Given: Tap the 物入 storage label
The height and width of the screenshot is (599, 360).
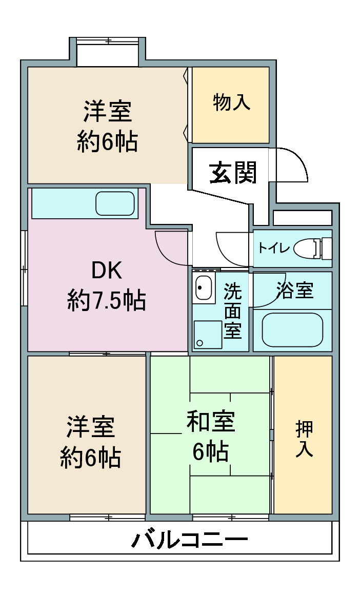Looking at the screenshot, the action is pyautogui.click(x=232, y=102).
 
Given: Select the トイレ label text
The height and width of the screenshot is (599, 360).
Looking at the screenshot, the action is pyautogui.click(x=274, y=248).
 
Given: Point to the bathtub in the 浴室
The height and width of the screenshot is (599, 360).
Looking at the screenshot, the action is pyautogui.click(x=292, y=329).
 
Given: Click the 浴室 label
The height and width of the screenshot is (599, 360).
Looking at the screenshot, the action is pyautogui.click(x=295, y=290).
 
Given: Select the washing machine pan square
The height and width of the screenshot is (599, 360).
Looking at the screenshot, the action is pyautogui.click(x=208, y=335).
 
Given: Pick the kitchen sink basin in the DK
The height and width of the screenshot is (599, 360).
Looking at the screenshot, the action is pyautogui.click(x=115, y=203).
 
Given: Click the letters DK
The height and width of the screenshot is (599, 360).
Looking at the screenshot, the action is pyautogui.click(x=107, y=270).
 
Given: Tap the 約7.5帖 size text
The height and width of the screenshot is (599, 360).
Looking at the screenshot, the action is pyautogui.click(x=107, y=300).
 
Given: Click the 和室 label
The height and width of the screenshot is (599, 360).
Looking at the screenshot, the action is pyautogui.click(x=211, y=421).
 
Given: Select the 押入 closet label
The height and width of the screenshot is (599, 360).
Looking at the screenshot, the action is pyautogui.click(x=304, y=439).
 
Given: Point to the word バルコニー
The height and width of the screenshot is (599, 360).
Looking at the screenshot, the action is pyautogui.click(x=190, y=540).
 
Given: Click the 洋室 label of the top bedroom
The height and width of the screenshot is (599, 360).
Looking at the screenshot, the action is pyautogui.click(x=108, y=111).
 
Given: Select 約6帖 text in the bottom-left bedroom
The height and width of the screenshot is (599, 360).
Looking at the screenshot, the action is pyautogui.click(x=91, y=457).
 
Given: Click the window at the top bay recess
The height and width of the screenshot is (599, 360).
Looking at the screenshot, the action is pyautogui.click(x=107, y=40).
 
